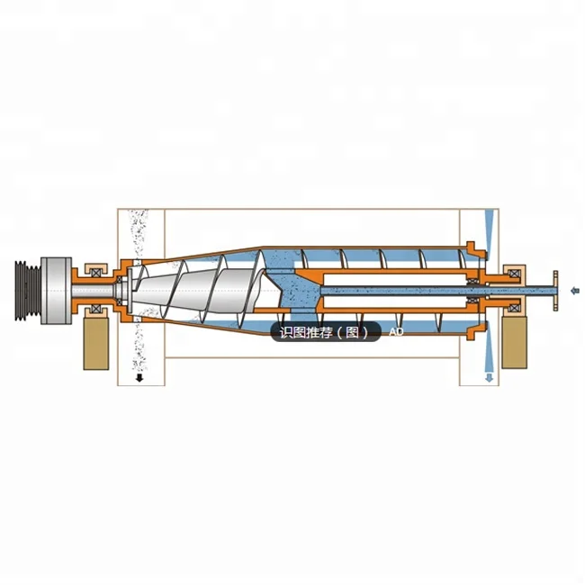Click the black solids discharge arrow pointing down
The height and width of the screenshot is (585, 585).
pos(139,379)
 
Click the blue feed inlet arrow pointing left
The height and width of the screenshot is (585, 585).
pos(575,290)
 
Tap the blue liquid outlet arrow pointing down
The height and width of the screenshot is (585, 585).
pos(490,377)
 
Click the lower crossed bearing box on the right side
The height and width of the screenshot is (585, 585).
pos(515,309)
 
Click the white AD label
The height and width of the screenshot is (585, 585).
pos(396,332)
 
